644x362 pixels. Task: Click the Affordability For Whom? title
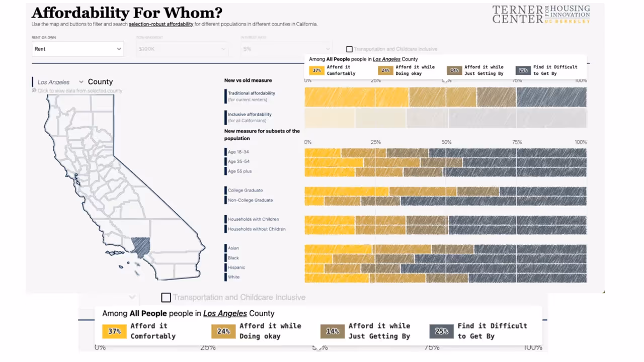127,13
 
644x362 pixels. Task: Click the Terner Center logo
541,14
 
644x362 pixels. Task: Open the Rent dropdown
77,49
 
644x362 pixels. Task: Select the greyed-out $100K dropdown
182,49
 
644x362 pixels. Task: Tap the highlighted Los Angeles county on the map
141,247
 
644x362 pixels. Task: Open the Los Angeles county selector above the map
60,82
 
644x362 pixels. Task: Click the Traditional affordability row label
251,93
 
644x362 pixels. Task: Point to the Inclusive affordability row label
250,115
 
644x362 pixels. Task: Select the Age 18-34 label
238,152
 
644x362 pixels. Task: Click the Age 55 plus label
239,171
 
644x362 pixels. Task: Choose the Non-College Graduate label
250,200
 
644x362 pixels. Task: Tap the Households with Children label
253,219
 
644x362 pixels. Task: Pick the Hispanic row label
236,267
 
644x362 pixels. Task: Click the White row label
233,277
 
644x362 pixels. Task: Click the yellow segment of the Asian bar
338,249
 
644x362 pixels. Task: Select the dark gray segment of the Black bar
501,258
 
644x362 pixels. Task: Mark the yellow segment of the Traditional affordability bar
356,97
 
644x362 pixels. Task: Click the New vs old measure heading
248,80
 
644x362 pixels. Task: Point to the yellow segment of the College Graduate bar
347,191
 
